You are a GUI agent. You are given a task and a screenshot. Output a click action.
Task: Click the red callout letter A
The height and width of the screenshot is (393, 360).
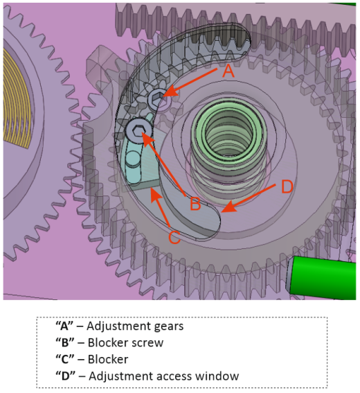click(228, 71)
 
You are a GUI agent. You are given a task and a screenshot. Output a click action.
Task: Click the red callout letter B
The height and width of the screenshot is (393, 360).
click(195, 203)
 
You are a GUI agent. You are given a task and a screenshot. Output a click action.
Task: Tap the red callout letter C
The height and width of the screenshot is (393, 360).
click(174, 237)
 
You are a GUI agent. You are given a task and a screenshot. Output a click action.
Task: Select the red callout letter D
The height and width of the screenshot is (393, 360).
click(287, 186)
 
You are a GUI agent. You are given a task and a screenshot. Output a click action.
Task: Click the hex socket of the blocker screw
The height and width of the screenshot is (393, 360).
click(138, 130)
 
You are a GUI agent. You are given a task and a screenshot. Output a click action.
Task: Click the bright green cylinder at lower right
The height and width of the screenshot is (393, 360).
click(322, 277)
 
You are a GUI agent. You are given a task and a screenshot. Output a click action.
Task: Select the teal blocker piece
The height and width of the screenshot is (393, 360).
click(139, 166)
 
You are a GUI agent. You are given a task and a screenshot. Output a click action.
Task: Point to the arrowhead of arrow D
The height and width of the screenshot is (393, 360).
click(228, 207)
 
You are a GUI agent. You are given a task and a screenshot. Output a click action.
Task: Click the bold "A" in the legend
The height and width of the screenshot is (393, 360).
click(64, 326)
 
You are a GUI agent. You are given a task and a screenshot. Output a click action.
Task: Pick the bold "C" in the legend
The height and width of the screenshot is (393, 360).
click(64, 360)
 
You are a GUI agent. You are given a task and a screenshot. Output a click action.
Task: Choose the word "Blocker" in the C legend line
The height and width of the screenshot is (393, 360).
click(108, 360)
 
